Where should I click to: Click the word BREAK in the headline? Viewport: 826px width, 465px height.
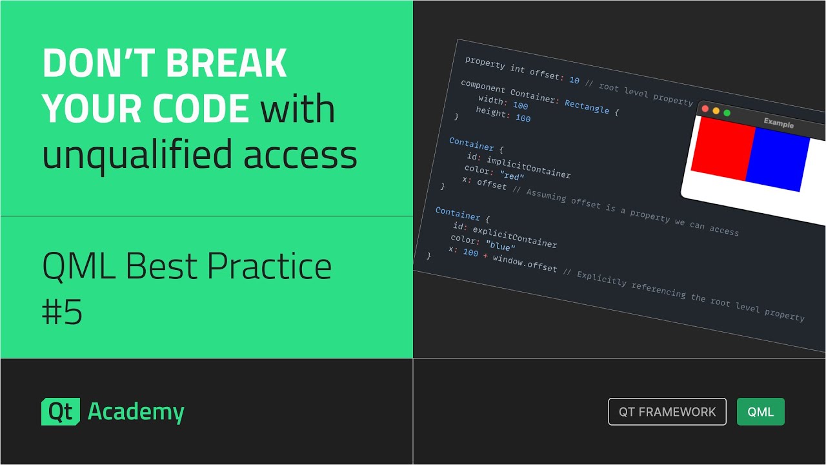click(x=227, y=64)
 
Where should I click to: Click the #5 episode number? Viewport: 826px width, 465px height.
click(x=62, y=313)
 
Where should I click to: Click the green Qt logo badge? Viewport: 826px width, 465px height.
click(x=61, y=412)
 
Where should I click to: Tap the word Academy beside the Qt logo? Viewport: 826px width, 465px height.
click(x=136, y=412)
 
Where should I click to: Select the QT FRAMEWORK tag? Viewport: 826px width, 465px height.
click(x=667, y=412)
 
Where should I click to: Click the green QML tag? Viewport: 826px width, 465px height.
click(x=761, y=412)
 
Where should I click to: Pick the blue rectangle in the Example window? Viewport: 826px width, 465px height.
click(x=778, y=159)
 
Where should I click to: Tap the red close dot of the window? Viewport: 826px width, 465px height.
click(x=705, y=109)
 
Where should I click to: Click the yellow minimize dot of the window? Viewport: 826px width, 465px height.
click(x=716, y=111)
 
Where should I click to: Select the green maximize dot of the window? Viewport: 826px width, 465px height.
click(x=727, y=113)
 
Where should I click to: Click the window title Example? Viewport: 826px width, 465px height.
click(x=778, y=123)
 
